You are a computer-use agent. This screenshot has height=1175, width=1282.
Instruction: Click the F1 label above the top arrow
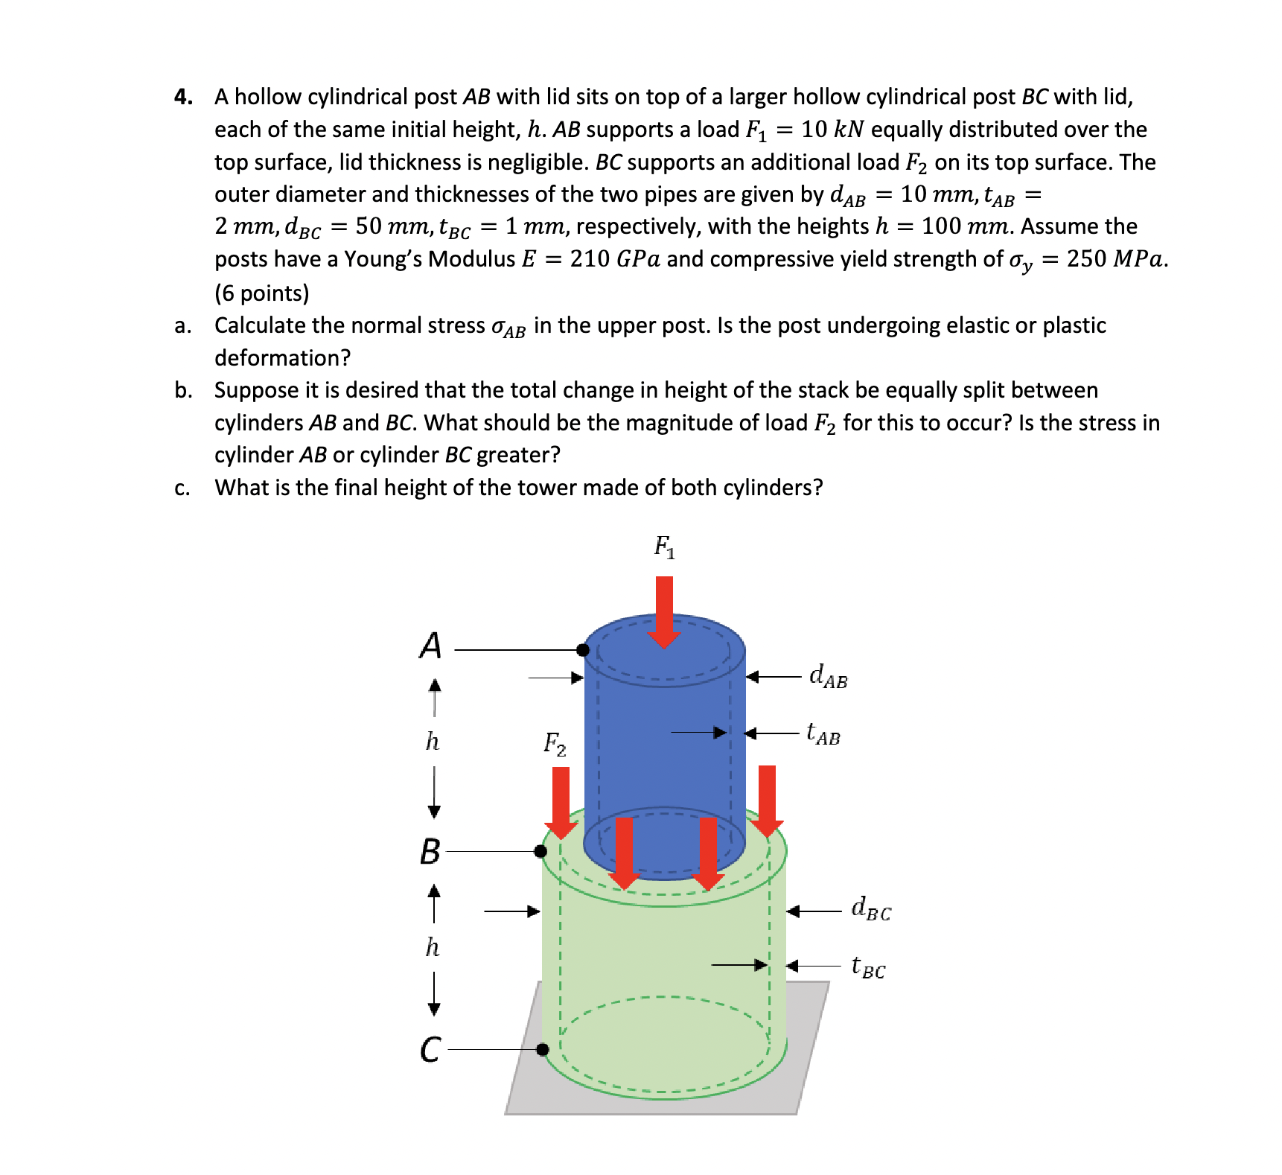[664, 547]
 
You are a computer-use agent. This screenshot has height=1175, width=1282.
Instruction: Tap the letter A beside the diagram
[430, 646]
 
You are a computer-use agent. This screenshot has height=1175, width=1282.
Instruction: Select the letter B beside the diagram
[430, 851]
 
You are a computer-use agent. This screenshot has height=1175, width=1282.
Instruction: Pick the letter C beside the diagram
[430, 1050]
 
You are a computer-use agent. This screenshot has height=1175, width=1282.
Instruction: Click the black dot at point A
[583, 650]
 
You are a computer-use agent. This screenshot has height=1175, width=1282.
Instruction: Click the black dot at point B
[541, 851]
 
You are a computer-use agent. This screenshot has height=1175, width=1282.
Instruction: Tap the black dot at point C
[543, 1049]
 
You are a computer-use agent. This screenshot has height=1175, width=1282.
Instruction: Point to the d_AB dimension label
[828, 676]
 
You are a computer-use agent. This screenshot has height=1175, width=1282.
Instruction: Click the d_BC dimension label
[871, 909]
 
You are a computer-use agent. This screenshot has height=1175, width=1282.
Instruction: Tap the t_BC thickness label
[868, 967]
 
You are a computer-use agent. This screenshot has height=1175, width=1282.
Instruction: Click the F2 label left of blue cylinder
[555, 743]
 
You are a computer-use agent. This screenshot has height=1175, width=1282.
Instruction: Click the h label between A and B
[433, 742]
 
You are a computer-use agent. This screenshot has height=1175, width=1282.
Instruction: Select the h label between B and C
[433, 947]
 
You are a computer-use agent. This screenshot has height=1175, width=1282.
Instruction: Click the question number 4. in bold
[184, 97]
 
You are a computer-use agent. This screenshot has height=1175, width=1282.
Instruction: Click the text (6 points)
[261, 293]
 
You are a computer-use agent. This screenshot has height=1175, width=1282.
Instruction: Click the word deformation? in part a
[282, 358]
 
